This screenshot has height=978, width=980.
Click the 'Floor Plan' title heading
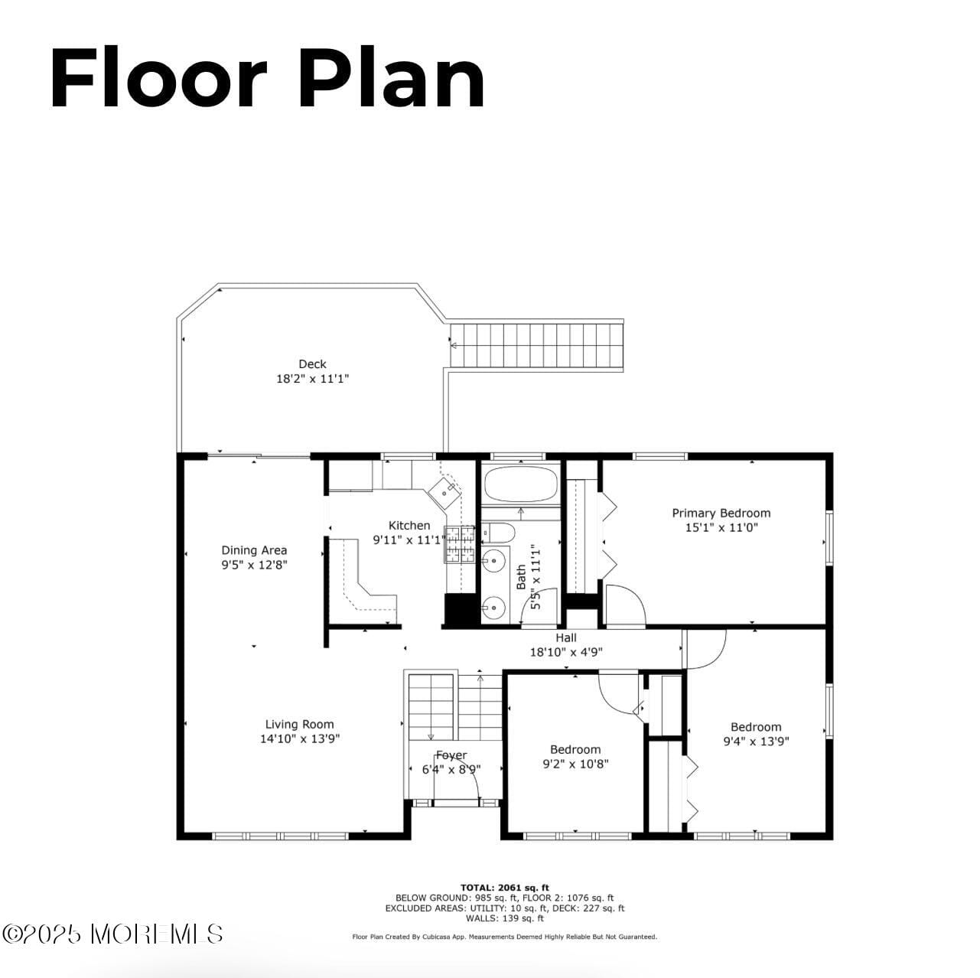click(x=267, y=80)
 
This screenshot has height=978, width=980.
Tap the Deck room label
click(x=312, y=364)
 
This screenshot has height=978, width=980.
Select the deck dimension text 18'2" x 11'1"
click(x=312, y=379)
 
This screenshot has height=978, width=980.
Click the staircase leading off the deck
click(x=536, y=346)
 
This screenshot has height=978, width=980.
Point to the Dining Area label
click(x=254, y=550)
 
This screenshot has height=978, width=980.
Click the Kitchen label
click(x=409, y=526)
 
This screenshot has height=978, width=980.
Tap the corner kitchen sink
click(x=444, y=491)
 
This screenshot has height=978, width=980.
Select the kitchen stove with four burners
click(x=459, y=544)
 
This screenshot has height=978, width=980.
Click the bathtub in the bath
click(x=520, y=484)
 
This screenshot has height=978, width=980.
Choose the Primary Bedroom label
click(x=721, y=513)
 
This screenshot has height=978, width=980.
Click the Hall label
click(x=566, y=638)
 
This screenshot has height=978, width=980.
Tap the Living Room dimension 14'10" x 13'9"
click(x=299, y=739)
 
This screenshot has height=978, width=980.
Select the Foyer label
click(x=451, y=755)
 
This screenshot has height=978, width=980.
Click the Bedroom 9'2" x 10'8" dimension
click(x=575, y=764)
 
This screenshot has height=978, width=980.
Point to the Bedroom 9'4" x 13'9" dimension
click(x=756, y=741)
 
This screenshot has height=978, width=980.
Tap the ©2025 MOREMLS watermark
click(x=112, y=934)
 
